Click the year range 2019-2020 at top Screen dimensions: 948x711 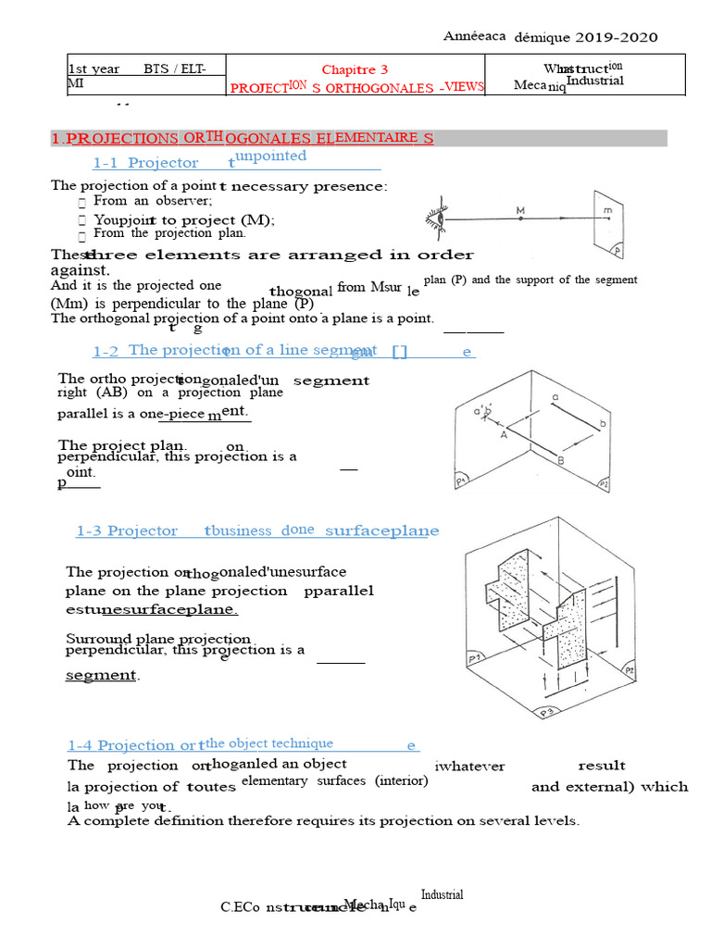[617, 37]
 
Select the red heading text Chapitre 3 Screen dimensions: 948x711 [355, 69]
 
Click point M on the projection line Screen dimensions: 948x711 [520, 212]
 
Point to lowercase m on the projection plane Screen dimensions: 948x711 [607, 211]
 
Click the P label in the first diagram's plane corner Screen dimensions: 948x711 [616, 250]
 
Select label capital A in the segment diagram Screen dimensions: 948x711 [504, 433]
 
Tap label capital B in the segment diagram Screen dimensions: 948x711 [560, 460]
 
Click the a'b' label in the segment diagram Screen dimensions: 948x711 [481, 411]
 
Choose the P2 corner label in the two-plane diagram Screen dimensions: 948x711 [603, 482]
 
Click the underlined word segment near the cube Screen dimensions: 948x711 [101, 675]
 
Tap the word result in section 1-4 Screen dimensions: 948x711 [602, 766]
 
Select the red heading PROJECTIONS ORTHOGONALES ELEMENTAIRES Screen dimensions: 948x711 [242, 138]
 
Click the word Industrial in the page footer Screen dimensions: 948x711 [443, 894]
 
